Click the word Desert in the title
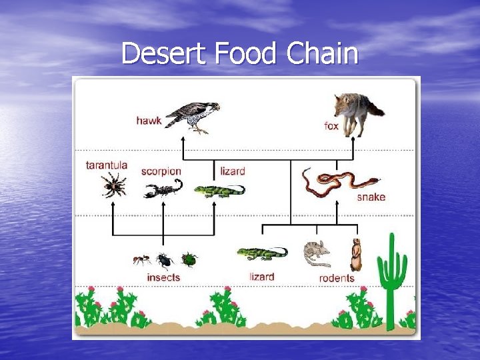(164, 54)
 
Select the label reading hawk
(149, 121)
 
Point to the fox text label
(331, 126)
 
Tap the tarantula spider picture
(114, 185)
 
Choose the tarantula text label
(107, 165)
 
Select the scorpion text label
(161, 171)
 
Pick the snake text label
(371, 197)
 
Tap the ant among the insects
(141, 259)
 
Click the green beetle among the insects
(189, 259)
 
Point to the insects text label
(163, 277)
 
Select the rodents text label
(337, 278)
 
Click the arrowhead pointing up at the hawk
(184, 141)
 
